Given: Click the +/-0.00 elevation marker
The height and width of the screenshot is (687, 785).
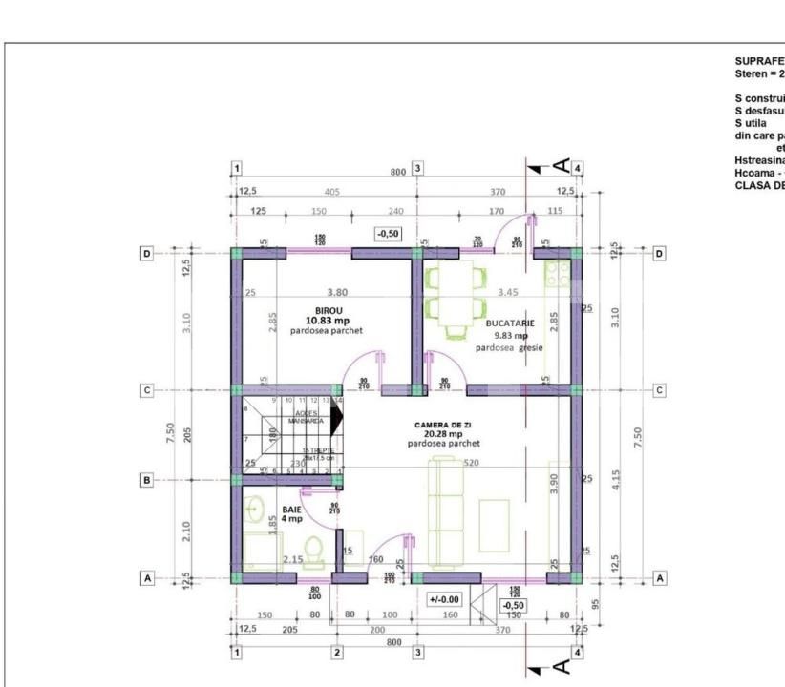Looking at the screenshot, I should pyautogui.click(x=444, y=599).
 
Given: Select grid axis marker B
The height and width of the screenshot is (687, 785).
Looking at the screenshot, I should pyautogui.click(x=147, y=481).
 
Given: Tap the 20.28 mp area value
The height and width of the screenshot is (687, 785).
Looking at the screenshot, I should pyautogui.click(x=446, y=433).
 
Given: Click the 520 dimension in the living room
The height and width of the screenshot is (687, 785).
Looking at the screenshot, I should pyautogui.click(x=470, y=462).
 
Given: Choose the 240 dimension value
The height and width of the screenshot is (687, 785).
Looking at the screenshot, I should pyautogui.click(x=367, y=211).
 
